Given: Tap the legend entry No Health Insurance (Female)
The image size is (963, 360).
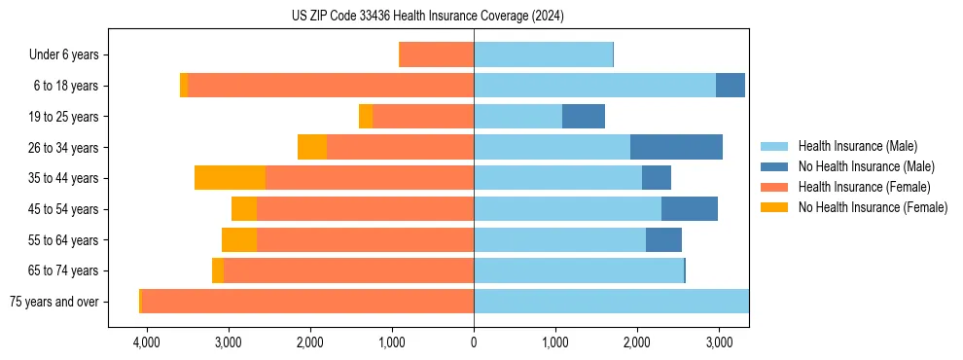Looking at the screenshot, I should point(873,207).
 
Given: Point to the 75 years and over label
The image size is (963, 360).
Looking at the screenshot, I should point(53,302).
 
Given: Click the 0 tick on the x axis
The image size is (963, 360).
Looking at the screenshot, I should point(474,342).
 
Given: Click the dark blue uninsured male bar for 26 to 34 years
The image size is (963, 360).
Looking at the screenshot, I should point(676,147).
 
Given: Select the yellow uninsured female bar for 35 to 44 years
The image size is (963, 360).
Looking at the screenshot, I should point(230,178).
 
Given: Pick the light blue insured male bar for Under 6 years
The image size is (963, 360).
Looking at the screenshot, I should point(543,54).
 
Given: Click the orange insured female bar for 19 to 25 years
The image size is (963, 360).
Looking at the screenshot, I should point(423,117).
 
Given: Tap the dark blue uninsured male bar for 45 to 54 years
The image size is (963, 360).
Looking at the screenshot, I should point(690,209).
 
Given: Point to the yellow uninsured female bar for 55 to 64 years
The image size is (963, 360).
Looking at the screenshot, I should point(239,240).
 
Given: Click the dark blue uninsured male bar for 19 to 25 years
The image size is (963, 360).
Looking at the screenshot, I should point(584,117).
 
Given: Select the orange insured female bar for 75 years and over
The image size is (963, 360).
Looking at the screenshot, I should point(307,302).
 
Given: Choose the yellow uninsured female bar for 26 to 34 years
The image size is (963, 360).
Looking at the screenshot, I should point(312,147).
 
